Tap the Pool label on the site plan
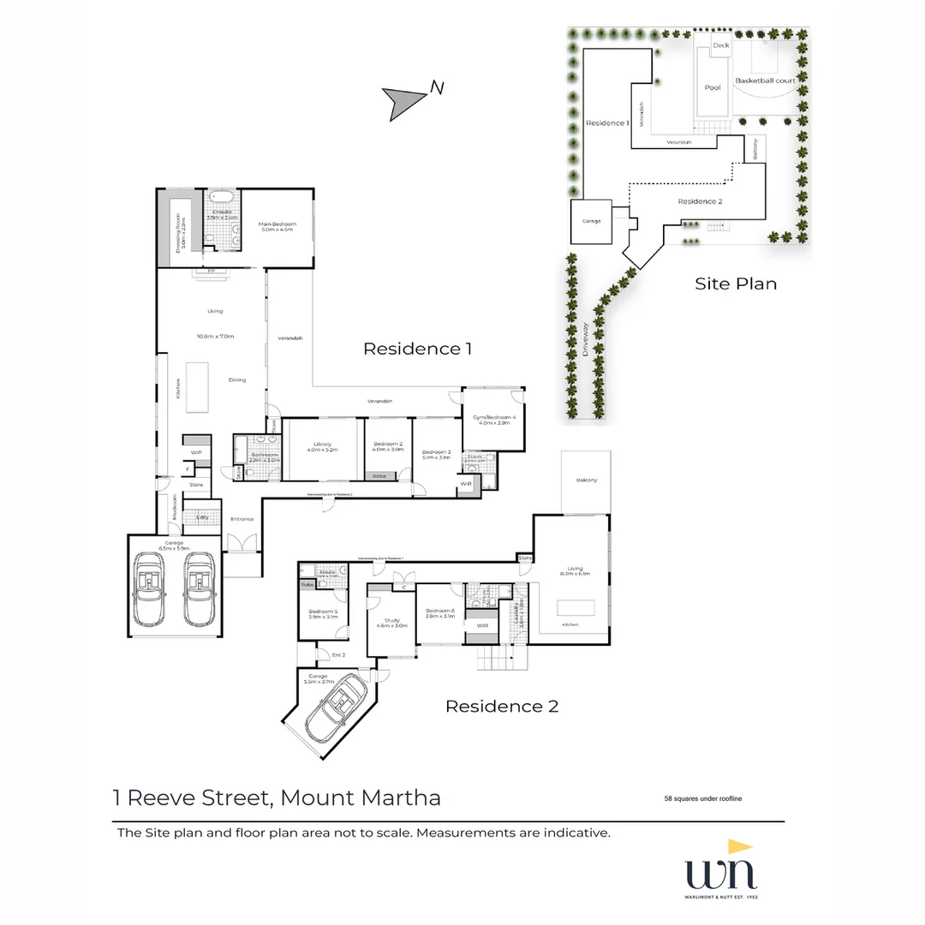click(x=713, y=87)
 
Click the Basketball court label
click(x=765, y=81)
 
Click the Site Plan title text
click(x=736, y=283)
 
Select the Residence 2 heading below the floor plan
click(x=501, y=707)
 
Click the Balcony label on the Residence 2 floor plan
click(x=587, y=480)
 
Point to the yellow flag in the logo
click(x=739, y=846)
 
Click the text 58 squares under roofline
click(x=702, y=798)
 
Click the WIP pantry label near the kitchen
click(x=196, y=452)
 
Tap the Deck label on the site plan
click(x=720, y=45)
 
